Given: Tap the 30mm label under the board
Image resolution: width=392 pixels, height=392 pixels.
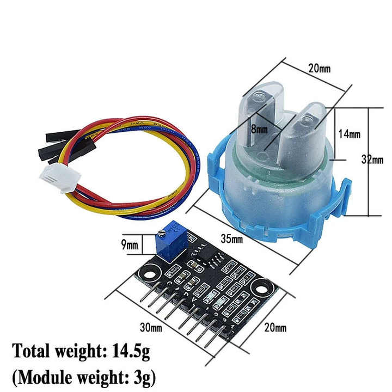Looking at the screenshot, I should pyautogui.click(x=150, y=328).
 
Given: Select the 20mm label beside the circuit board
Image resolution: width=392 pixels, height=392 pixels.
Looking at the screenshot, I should pyautogui.click(x=275, y=327).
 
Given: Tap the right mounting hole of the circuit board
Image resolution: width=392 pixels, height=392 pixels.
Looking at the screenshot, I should pyautogui.click(x=262, y=285).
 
